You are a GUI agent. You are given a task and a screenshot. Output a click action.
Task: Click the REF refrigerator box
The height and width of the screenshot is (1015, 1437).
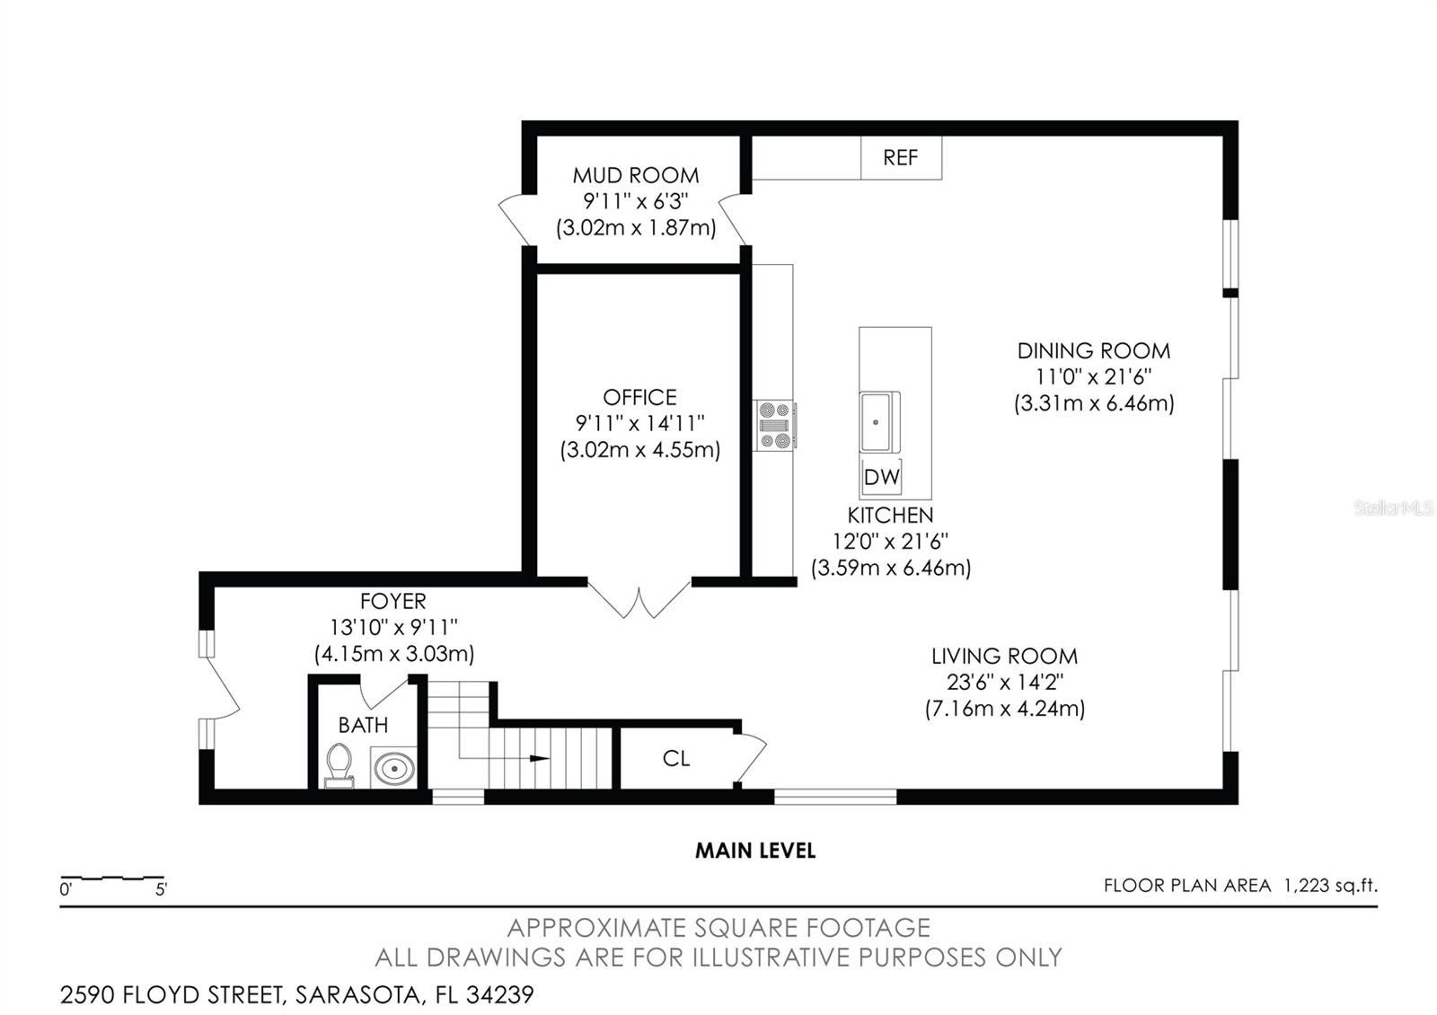coord(901,158)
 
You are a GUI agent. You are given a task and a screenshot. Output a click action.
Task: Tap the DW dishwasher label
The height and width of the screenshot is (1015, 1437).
coord(881,477)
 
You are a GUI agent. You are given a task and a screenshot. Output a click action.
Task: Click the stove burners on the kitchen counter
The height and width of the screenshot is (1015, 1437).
coord(775,425)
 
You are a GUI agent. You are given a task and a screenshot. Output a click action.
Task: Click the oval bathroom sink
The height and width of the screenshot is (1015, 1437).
coord(393,769)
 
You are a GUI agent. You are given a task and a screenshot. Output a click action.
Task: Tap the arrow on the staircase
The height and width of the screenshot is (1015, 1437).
coord(539,758)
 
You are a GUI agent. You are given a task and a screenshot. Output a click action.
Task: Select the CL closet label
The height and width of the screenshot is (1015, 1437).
coord(676,759)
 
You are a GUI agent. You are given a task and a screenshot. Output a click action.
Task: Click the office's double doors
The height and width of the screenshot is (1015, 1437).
coord(639,600)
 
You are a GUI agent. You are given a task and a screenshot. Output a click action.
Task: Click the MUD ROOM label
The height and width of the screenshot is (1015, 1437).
coord(636,175)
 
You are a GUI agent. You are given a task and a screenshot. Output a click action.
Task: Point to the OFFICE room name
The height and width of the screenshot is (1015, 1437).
coord(639,397)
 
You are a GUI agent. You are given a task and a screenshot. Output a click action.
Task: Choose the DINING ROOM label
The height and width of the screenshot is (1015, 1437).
coord(1093,350)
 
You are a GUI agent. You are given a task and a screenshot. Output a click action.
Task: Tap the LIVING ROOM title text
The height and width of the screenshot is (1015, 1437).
coord(1004,657)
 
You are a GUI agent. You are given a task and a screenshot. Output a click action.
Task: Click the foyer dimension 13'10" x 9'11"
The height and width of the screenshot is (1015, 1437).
coord(393,627)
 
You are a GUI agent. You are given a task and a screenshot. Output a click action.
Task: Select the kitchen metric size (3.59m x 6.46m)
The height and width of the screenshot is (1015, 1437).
coord(891,568)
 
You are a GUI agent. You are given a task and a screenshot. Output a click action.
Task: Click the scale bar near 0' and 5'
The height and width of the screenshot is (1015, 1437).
coord(112,877)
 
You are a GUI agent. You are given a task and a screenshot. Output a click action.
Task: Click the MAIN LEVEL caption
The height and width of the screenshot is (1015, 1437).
coord(755,851)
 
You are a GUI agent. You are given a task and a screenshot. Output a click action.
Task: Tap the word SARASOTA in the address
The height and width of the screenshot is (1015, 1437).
coord(359,995)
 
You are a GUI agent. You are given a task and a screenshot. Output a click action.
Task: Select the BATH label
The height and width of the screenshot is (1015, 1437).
coord(363,725)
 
